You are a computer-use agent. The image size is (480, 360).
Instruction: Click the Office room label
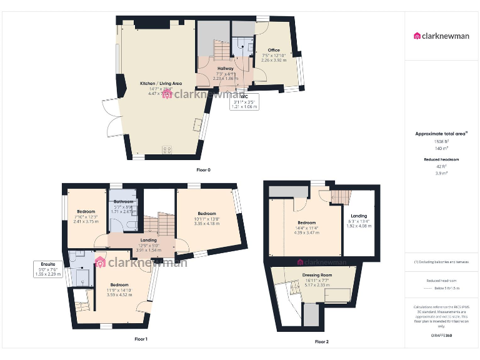point(274,50)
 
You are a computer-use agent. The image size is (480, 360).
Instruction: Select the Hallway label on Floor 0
point(226,68)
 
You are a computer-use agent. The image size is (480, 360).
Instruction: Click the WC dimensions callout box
point(244,102)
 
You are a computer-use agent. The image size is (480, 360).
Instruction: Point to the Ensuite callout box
point(48,269)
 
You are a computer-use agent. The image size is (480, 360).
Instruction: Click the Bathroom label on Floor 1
point(123,202)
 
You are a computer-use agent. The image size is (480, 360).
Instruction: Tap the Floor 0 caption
point(204,170)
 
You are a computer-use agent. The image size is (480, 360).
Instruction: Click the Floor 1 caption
point(141,339)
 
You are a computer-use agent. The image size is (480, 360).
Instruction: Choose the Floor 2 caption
point(321,342)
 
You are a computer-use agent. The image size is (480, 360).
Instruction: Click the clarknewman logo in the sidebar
point(441,36)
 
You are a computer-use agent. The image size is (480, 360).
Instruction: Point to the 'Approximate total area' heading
point(441,134)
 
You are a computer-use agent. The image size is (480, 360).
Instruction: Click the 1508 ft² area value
point(441,142)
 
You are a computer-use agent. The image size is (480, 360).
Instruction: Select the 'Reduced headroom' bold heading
point(441,159)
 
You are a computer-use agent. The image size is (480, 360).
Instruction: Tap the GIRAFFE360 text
point(441,336)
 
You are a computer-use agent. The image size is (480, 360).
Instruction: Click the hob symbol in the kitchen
point(167,149)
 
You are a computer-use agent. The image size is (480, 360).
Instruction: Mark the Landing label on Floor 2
point(359,216)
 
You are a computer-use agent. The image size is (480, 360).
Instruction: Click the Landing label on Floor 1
point(149,240)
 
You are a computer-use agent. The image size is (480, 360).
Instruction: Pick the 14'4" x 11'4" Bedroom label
point(306,223)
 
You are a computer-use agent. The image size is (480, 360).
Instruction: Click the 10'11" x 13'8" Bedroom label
point(207,214)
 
